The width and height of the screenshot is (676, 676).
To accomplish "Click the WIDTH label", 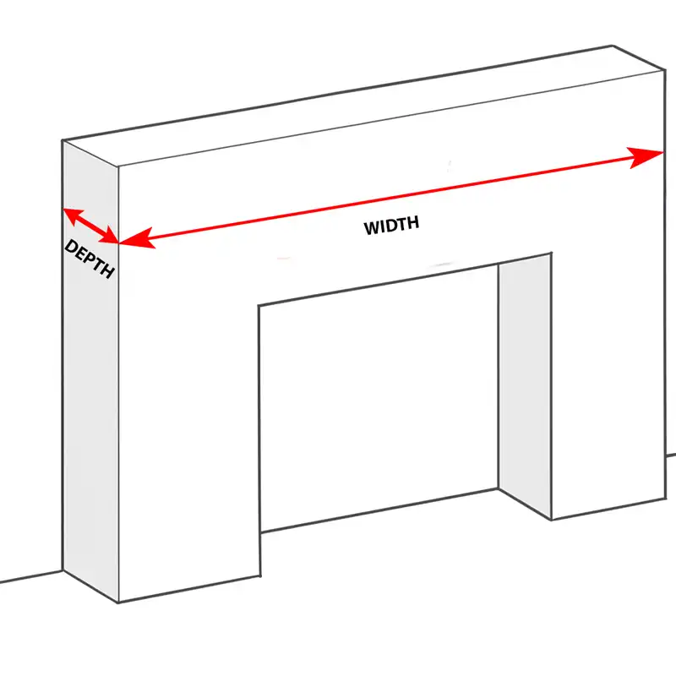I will pos(391,226).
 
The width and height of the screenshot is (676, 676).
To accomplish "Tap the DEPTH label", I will pos(89,259).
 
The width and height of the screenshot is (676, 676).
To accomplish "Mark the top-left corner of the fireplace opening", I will pos(259,304).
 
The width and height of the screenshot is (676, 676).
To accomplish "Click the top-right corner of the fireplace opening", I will pos(552,253).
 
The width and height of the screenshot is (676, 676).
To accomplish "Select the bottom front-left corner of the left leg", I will pos(118,602).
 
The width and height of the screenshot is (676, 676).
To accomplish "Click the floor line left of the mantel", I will pos(30,576).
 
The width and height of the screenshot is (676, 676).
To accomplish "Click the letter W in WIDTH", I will pos(372,228).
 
